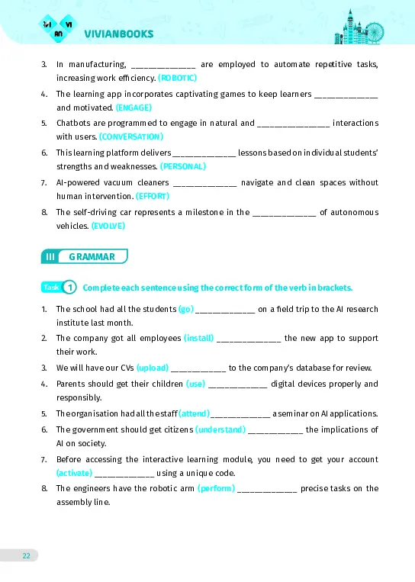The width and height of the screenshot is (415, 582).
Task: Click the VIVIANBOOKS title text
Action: [x=119, y=34]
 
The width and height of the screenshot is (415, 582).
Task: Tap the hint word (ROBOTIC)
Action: [x=178, y=79]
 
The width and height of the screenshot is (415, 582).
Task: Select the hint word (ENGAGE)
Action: [x=134, y=108]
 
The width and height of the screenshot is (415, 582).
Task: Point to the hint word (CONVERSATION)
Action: [x=131, y=137]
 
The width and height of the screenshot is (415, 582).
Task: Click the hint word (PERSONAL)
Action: [x=183, y=166]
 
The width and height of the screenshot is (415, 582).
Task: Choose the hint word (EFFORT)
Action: [x=153, y=195]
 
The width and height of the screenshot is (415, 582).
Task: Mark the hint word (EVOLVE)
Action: [x=108, y=226]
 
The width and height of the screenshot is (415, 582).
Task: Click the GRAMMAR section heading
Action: [x=92, y=257]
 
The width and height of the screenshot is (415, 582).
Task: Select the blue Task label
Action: [x=51, y=288]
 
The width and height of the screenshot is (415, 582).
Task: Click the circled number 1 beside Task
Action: [x=69, y=288]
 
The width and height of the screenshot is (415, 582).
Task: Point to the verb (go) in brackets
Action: [x=186, y=310]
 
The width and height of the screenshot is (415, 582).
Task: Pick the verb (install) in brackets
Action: [x=200, y=339]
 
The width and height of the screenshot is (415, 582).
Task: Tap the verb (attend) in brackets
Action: [x=194, y=413]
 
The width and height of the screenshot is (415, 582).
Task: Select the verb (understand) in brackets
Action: [x=220, y=430]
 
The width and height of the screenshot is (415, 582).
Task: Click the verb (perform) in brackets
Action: [x=215, y=488]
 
